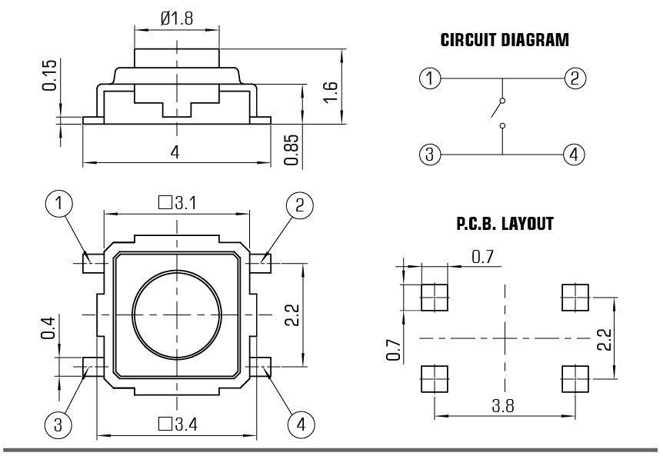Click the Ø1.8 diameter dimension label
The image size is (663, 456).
[177, 18]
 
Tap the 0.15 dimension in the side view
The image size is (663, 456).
[49, 75]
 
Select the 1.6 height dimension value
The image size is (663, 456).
[330, 92]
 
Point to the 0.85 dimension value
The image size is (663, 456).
[292, 150]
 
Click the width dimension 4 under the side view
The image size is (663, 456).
[175, 151]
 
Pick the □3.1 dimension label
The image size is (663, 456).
[177, 203]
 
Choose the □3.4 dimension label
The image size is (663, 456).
[178, 424]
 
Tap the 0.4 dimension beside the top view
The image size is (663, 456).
[48, 328]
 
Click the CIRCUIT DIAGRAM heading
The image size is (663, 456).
[505, 40]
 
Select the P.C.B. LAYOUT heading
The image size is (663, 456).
[505, 224]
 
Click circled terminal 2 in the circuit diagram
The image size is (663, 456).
[575, 78]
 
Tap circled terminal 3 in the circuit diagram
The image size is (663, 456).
[430, 154]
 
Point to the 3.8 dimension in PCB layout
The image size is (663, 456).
[503, 406]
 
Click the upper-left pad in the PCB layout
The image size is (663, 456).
[435, 298]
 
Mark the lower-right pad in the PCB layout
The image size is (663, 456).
[575, 379]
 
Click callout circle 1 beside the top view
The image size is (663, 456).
[58, 204]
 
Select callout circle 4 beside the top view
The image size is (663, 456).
[301, 424]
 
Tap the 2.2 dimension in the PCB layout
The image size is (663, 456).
[605, 339]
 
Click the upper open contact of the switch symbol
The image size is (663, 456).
[502, 101]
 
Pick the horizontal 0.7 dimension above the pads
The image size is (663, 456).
[482, 257]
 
